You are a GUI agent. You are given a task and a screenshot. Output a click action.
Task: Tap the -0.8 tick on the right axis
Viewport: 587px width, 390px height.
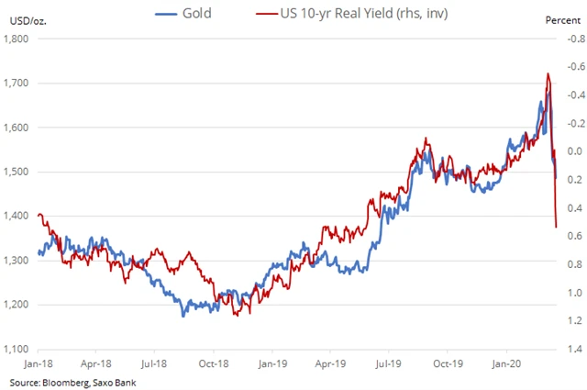(564, 39)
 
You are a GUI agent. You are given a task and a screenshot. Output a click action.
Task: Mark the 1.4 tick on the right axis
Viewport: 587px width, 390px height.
(564, 349)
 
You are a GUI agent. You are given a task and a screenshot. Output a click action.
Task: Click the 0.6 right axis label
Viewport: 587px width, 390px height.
(564, 237)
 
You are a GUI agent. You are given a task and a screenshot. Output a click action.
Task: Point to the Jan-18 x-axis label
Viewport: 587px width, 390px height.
(38, 362)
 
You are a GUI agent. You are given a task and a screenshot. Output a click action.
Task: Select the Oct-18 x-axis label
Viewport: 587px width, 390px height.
(214, 362)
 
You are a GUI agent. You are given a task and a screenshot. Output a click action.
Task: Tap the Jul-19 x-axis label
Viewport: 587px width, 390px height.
(388, 362)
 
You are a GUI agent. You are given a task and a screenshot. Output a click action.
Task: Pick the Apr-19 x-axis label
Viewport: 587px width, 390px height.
(330, 362)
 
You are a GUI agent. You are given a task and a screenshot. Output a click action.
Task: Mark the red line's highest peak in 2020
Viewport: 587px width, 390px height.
(548, 73)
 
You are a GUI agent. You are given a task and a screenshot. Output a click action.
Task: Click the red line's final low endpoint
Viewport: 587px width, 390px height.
(557, 227)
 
